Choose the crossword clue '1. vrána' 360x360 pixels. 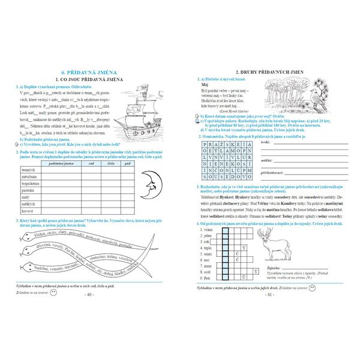point(209,230)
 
